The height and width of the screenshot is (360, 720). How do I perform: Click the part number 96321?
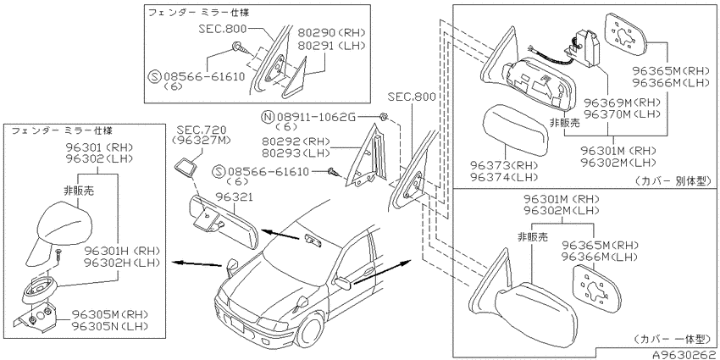(x=234, y=197)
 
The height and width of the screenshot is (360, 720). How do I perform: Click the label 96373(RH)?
(x=503, y=165)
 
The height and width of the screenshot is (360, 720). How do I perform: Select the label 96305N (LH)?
(x=113, y=326)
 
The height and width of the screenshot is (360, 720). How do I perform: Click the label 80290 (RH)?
(x=331, y=32)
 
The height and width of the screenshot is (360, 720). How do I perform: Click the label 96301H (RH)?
(x=122, y=251)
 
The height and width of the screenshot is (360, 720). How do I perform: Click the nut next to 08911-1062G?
(x=385, y=118)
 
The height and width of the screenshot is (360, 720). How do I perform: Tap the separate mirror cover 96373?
(x=514, y=130)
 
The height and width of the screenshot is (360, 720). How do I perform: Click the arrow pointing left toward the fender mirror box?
(x=197, y=263)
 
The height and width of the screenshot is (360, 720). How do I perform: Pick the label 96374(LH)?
(x=503, y=176)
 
